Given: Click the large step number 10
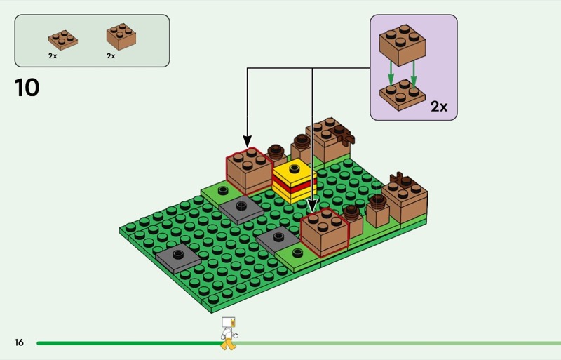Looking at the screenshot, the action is coord(27,88).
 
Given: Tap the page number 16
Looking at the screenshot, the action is coord(19,342).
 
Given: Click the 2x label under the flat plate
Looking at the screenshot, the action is coord(53,55).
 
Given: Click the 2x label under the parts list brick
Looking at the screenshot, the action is coord(111,55).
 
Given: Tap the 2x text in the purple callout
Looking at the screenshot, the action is coord(439,107).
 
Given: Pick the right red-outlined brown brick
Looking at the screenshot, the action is coord(325,232).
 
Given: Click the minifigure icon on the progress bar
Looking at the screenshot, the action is coord(228,333).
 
